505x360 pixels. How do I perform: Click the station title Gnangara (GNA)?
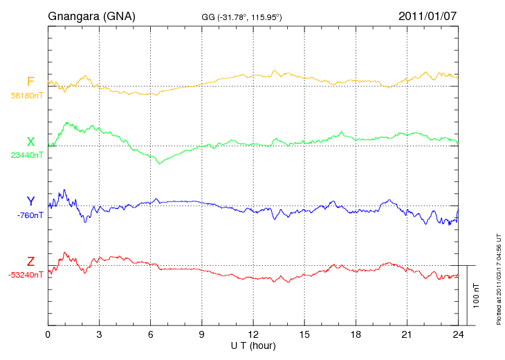click(x=91, y=16)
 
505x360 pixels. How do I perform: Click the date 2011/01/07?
click(x=428, y=16)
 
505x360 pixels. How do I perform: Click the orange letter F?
click(x=30, y=82)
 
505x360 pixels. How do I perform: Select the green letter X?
click(x=30, y=142)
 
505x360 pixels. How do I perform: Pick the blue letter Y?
click(x=30, y=201)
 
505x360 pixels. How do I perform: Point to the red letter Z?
click(x=30, y=261)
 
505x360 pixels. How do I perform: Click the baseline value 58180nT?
click(x=27, y=96)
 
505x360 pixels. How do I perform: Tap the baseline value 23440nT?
click(x=27, y=155)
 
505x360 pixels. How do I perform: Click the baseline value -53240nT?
click(x=26, y=274)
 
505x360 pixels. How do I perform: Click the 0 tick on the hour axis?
click(x=48, y=334)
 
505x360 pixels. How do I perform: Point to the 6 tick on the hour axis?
click(x=151, y=334)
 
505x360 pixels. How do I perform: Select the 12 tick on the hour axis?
click(x=253, y=334)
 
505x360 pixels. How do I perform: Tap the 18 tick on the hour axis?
click(x=356, y=334)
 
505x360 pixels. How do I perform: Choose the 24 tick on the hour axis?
click(x=458, y=334)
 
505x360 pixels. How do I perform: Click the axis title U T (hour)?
click(x=252, y=345)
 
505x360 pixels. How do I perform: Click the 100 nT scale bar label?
click(x=477, y=295)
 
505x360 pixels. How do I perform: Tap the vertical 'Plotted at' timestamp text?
click(x=498, y=278)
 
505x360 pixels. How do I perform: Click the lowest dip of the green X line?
click(x=160, y=163)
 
